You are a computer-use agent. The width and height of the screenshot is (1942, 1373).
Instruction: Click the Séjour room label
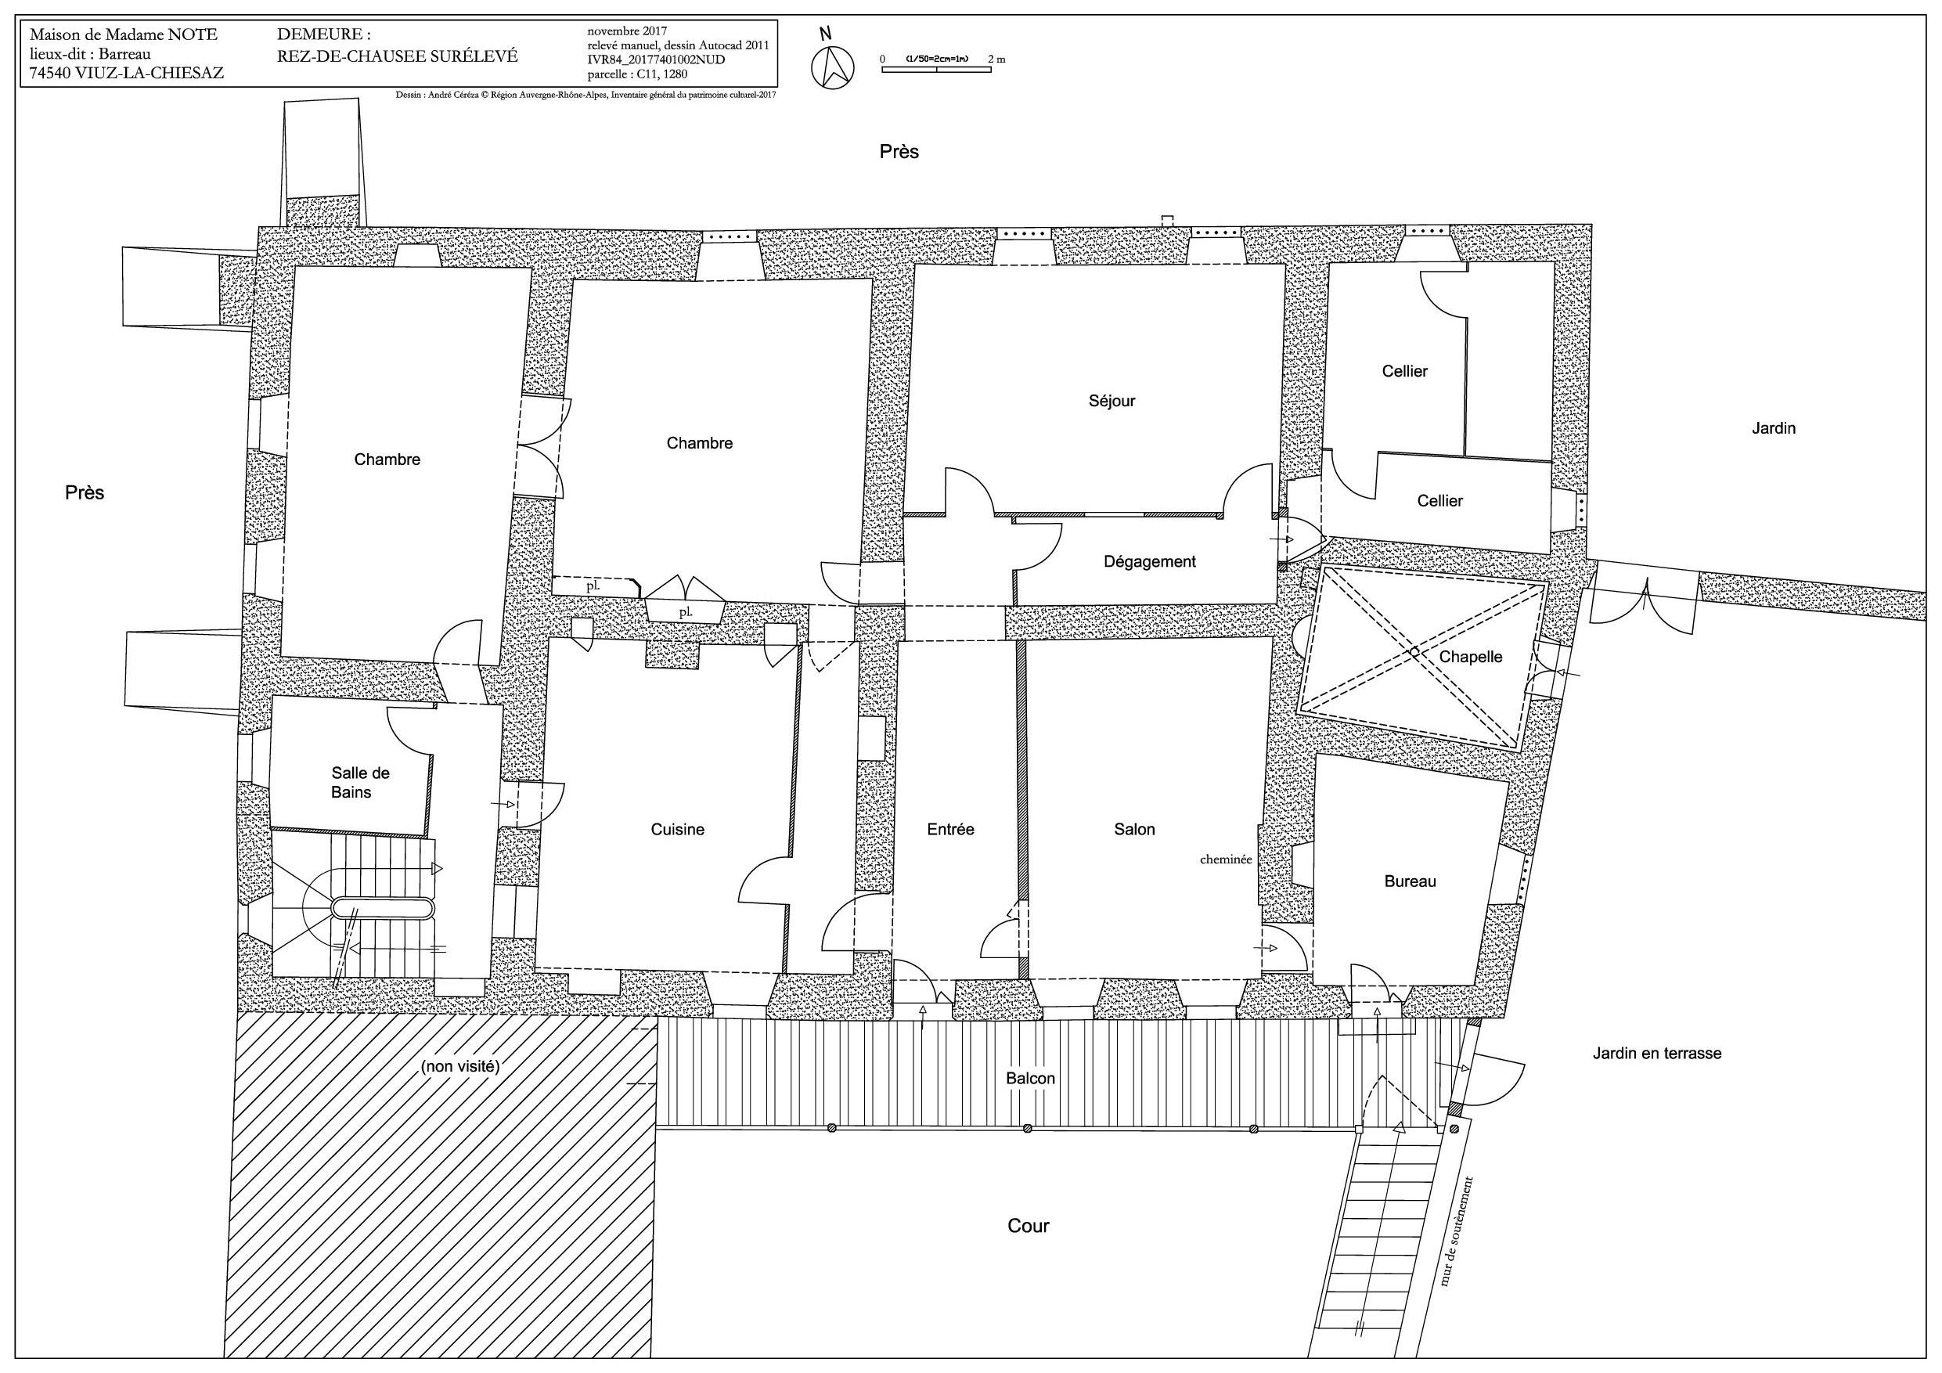click(x=1112, y=401)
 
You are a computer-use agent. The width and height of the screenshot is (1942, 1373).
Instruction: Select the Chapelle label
click(x=1471, y=657)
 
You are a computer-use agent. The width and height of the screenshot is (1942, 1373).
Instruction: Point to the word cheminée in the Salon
click(x=1226, y=859)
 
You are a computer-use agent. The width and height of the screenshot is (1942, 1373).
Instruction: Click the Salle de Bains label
click(x=359, y=783)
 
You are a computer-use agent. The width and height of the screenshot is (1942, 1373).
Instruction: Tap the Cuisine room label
click(x=678, y=830)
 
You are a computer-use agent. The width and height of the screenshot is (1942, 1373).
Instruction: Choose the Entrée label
click(x=951, y=830)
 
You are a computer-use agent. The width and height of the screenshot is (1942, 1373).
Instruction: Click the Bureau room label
click(x=1410, y=881)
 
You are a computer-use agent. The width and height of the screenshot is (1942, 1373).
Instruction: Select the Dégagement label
click(x=1150, y=562)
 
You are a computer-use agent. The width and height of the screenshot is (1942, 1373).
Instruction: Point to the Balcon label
click(x=1030, y=1079)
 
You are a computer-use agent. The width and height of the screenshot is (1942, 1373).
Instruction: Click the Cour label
click(x=1029, y=1226)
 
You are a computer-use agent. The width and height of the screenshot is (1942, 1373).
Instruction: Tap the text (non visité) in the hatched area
click(x=460, y=1067)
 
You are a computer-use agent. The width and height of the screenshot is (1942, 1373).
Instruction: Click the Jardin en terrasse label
click(x=1657, y=1053)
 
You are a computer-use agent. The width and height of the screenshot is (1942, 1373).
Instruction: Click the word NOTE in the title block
click(x=191, y=34)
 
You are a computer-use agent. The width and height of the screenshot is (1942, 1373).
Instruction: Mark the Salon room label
click(x=1134, y=830)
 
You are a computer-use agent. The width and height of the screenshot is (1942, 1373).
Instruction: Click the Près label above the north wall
click(x=899, y=151)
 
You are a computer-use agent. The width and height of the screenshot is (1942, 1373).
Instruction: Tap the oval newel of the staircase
click(x=384, y=909)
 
